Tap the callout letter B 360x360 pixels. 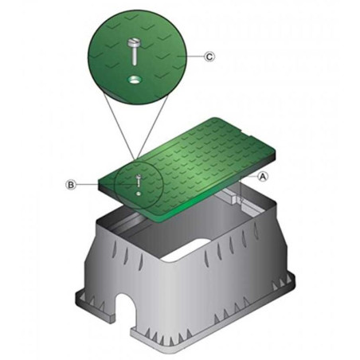pos(72,185)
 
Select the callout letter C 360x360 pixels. pos(209,57)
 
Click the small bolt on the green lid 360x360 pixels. pos(138,180)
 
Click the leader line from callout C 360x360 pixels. pos(194,57)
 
